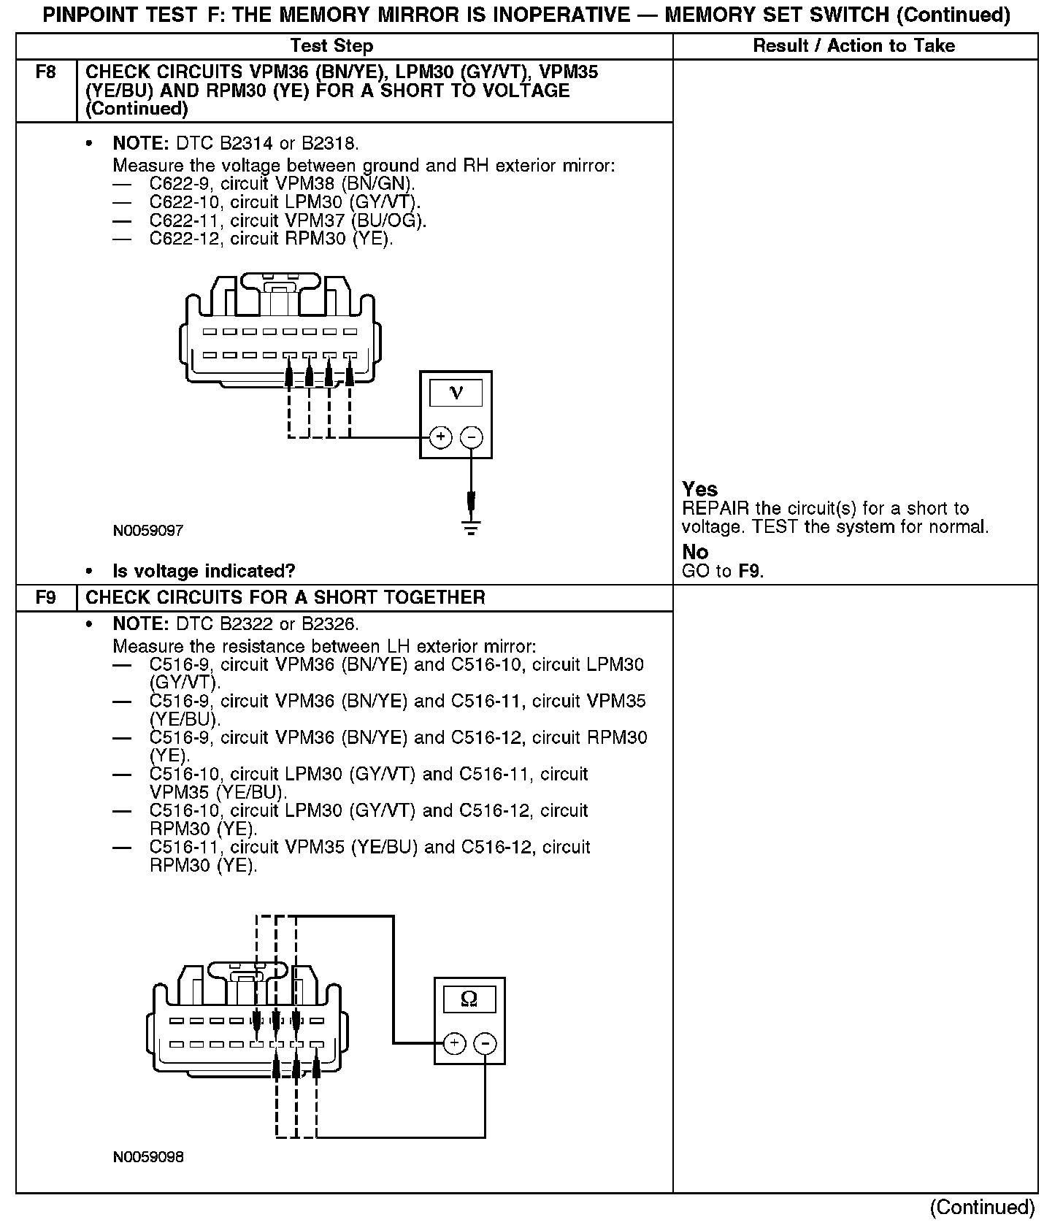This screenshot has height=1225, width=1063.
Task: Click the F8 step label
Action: click(x=45, y=72)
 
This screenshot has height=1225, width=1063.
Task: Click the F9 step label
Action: click(x=45, y=598)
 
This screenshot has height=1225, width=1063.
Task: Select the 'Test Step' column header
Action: click(x=331, y=46)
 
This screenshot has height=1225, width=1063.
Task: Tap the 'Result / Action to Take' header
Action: click(x=853, y=46)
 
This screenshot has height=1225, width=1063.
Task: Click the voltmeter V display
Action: click(x=456, y=393)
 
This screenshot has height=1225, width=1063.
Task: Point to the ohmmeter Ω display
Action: click(x=469, y=999)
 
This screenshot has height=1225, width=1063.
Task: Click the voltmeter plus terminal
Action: click(x=440, y=437)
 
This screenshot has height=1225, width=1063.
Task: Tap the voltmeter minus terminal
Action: click(x=472, y=437)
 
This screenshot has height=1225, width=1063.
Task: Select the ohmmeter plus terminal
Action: click(x=454, y=1044)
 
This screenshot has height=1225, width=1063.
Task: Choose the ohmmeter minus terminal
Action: click(x=486, y=1044)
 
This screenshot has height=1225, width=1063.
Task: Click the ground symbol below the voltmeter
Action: click(x=472, y=527)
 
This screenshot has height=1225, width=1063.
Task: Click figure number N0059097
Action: click(x=148, y=531)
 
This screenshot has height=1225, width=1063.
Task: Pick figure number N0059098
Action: click(x=148, y=1157)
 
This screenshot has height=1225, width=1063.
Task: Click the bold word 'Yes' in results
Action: click(x=699, y=489)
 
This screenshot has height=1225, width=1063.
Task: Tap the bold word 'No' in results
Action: click(x=695, y=552)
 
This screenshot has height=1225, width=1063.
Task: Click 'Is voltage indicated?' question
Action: click(x=204, y=571)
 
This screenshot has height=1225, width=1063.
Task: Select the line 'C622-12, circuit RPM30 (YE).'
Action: click(x=271, y=239)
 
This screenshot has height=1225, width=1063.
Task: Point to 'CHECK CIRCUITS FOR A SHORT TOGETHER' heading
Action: click(x=285, y=598)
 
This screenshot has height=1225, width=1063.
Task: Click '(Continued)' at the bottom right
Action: click(x=983, y=1207)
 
